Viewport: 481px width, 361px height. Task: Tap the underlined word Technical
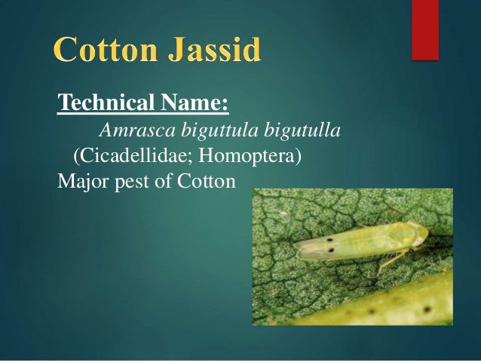(103, 102)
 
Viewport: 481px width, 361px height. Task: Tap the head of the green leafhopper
(414, 234)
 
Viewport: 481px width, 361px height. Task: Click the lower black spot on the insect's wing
(332, 249)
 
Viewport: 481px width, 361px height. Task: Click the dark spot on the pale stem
(427, 310)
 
